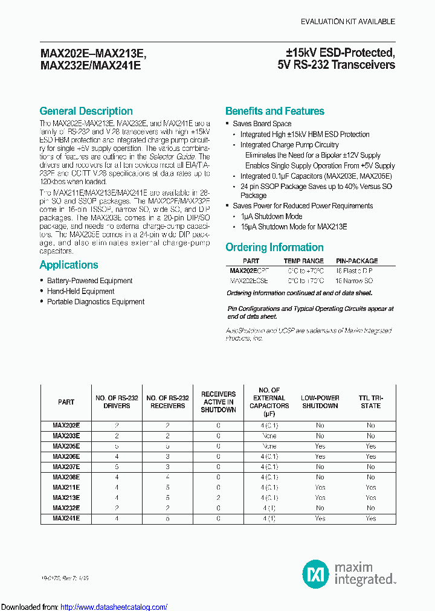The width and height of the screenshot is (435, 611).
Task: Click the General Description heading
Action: (86, 111)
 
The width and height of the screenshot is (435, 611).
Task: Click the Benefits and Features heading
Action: (274, 111)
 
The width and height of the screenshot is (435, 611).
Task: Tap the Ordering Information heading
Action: (274, 247)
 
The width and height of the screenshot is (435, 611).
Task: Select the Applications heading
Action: (68, 265)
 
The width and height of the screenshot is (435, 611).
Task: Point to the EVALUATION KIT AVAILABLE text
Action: (348, 22)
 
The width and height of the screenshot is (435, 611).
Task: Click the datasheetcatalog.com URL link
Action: (114, 607)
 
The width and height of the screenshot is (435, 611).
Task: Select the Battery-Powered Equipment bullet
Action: (89, 281)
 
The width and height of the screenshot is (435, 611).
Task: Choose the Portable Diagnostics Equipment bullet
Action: (95, 302)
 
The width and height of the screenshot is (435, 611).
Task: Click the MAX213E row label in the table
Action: (66, 497)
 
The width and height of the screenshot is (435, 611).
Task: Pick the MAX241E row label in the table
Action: (66, 518)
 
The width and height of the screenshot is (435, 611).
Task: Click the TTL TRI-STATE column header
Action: (370, 402)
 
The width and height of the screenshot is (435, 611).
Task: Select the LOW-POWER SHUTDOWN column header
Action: (320, 402)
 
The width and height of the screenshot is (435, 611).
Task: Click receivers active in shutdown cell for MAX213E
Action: (218, 497)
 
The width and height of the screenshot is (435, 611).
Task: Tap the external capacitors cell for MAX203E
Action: (269, 436)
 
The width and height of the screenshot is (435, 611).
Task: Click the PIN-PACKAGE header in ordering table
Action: (356, 261)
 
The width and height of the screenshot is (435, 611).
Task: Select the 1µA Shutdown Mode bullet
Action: (271, 216)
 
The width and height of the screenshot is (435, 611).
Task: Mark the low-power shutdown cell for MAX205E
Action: (320, 446)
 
